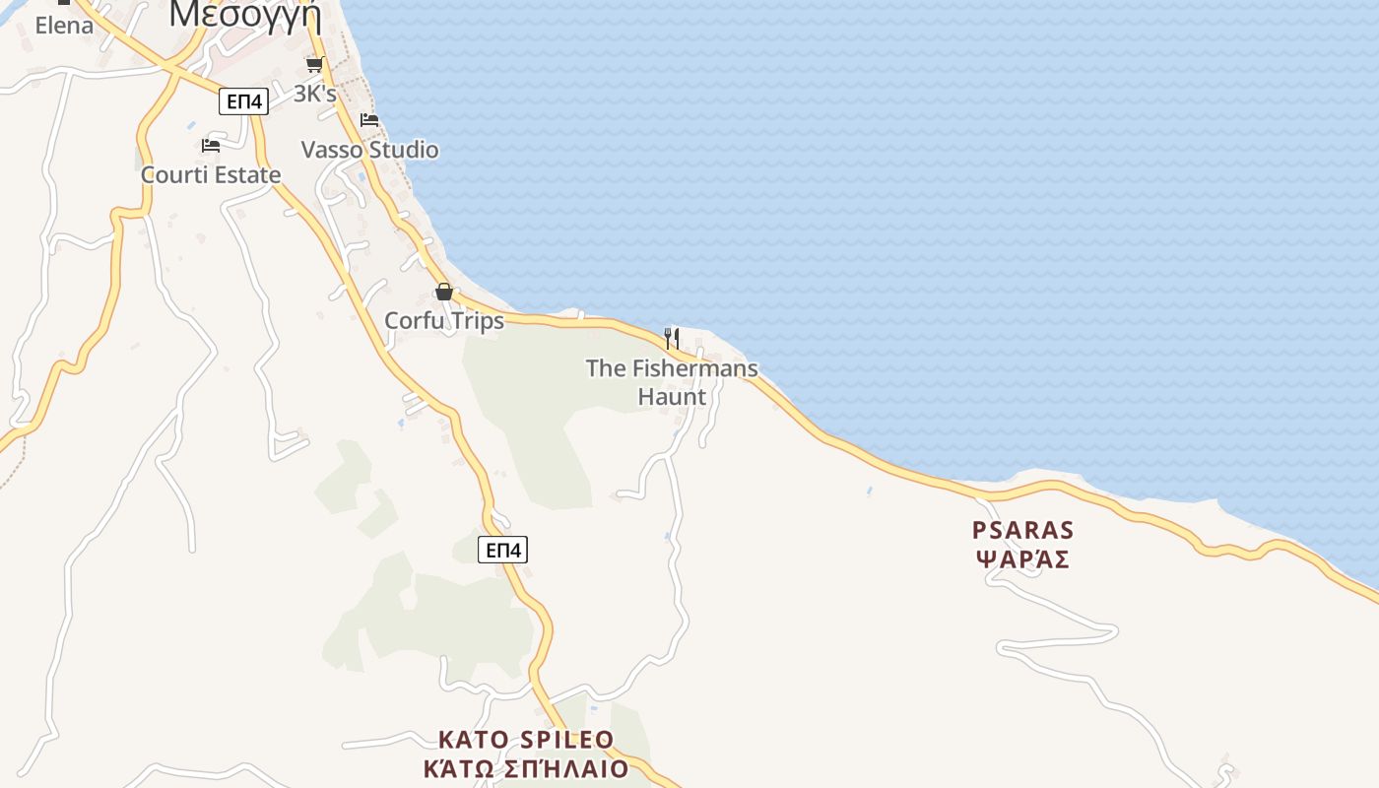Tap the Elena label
click(x=64, y=26)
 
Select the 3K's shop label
click(x=315, y=95)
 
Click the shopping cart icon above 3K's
click(x=314, y=65)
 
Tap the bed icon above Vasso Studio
click(x=369, y=120)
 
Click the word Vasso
click(x=332, y=150)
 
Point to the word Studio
click(x=403, y=150)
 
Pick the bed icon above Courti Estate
click(x=211, y=146)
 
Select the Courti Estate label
click(x=211, y=175)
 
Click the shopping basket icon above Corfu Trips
click(x=444, y=292)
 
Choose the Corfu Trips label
click(x=443, y=321)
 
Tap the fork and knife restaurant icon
click(x=672, y=339)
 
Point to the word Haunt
click(x=672, y=397)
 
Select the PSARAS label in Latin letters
click(x=1022, y=531)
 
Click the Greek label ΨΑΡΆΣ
click(x=1022, y=559)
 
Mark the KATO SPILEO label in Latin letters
click(x=526, y=740)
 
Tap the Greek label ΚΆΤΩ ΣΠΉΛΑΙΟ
click(x=526, y=768)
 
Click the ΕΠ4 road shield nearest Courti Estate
click(x=243, y=101)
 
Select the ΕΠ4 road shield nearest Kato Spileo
click(x=502, y=550)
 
